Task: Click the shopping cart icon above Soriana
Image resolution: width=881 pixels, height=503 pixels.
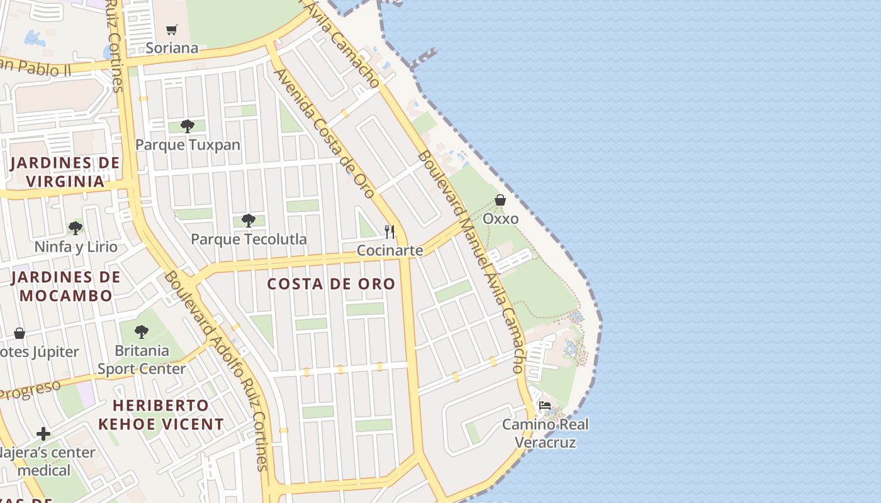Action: click(172, 30)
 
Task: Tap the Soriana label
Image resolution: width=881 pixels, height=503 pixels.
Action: click(172, 48)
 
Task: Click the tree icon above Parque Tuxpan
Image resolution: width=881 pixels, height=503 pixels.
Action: click(187, 126)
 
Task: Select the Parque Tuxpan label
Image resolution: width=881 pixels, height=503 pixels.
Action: click(188, 145)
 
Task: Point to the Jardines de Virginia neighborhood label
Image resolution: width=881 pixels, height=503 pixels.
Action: click(65, 172)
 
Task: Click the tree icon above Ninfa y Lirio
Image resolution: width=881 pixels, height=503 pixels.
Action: click(76, 228)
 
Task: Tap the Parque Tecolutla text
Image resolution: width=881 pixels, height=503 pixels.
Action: click(249, 239)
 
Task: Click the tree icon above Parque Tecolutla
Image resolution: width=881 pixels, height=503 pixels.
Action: click(249, 221)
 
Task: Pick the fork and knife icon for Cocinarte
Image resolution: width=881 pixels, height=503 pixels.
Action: click(390, 232)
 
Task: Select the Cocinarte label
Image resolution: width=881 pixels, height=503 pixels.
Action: click(390, 250)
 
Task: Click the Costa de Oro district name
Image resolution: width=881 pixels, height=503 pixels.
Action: click(331, 284)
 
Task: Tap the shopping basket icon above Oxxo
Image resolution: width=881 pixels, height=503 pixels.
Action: click(500, 201)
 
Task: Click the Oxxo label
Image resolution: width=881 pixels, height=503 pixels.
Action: click(500, 219)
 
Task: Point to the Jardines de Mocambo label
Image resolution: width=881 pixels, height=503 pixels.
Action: click(66, 286)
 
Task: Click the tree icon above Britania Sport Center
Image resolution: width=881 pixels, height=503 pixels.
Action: click(142, 331)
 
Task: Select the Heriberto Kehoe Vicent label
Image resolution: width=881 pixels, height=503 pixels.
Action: click(161, 414)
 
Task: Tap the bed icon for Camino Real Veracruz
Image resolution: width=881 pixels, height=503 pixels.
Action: click(545, 406)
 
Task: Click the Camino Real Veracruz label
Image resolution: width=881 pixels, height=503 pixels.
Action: click(545, 433)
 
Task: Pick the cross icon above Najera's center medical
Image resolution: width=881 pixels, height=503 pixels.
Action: click(43, 434)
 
